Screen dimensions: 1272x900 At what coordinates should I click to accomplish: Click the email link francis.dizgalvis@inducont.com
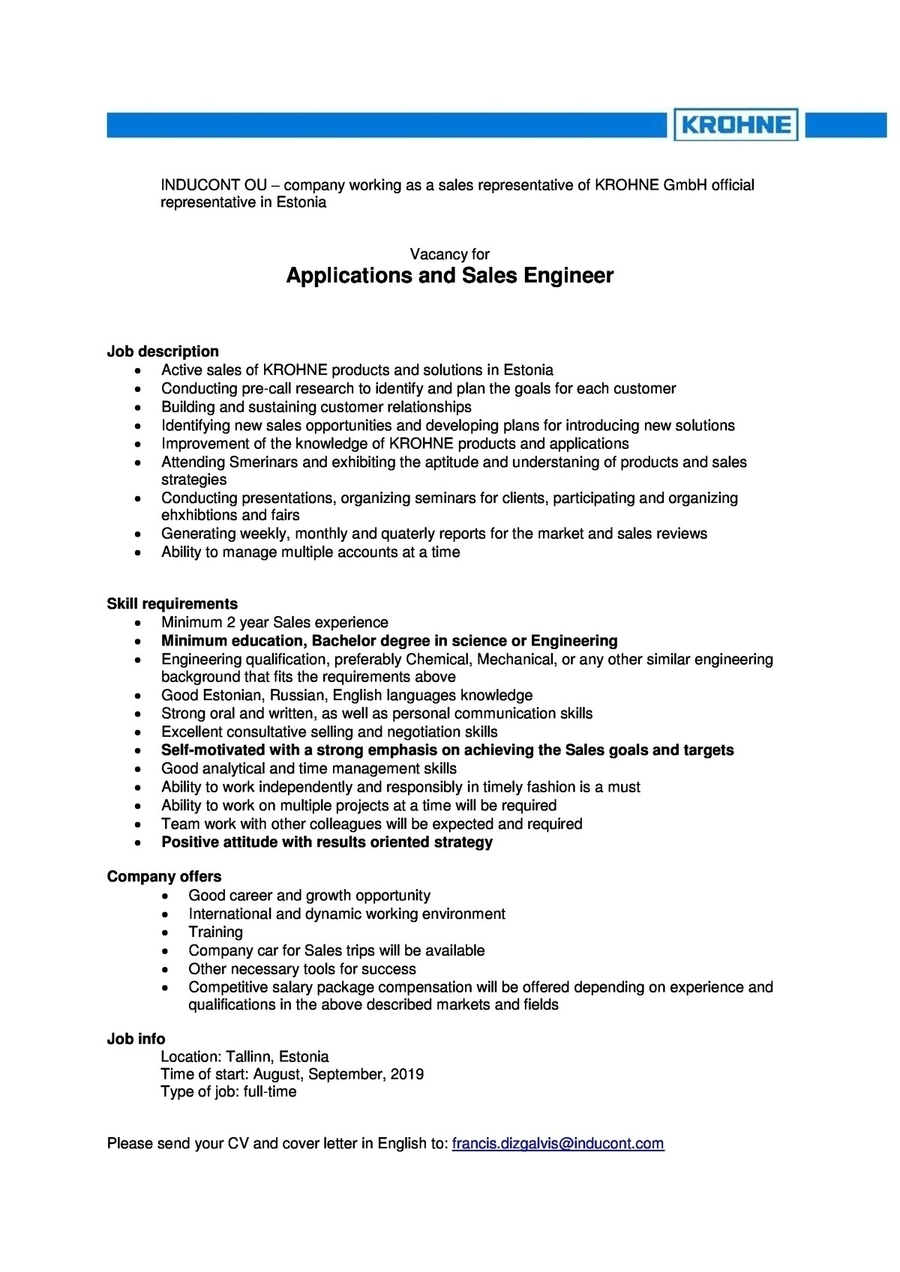[x=557, y=1143]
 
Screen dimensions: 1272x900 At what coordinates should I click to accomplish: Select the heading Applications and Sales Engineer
[x=450, y=276]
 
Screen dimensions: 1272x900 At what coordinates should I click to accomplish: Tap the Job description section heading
[x=163, y=352]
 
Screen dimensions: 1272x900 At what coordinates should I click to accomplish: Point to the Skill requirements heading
[x=172, y=603]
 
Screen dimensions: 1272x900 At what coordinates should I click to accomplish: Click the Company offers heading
[x=163, y=876]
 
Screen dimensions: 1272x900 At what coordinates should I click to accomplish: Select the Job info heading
[x=136, y=1039]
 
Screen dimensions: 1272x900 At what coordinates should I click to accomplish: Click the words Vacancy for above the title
[x=450, y=255]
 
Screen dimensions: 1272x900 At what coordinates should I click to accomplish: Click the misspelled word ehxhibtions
[x=199, y=515]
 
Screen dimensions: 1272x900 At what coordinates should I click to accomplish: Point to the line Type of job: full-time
[x=228, y=1091]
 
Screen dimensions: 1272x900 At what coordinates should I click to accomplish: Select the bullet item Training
[x=215, y=932]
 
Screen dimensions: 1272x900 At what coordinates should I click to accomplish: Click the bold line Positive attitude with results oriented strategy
[x=327, y=842]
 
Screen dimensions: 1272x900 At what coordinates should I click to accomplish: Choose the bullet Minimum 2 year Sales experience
[x=274, y=622]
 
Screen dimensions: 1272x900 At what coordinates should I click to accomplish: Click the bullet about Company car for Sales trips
[x=336, y=950]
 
